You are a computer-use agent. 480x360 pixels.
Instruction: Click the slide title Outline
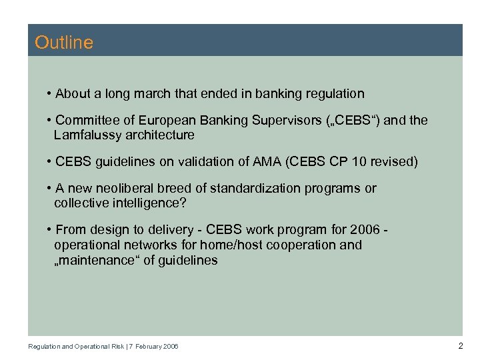(64, 43)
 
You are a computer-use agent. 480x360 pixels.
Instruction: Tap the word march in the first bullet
(152, 93)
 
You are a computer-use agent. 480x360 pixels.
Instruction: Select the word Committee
(85, 121)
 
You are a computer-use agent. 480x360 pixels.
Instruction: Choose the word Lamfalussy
(85, 135)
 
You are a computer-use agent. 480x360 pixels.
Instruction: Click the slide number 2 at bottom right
(460, 345)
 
